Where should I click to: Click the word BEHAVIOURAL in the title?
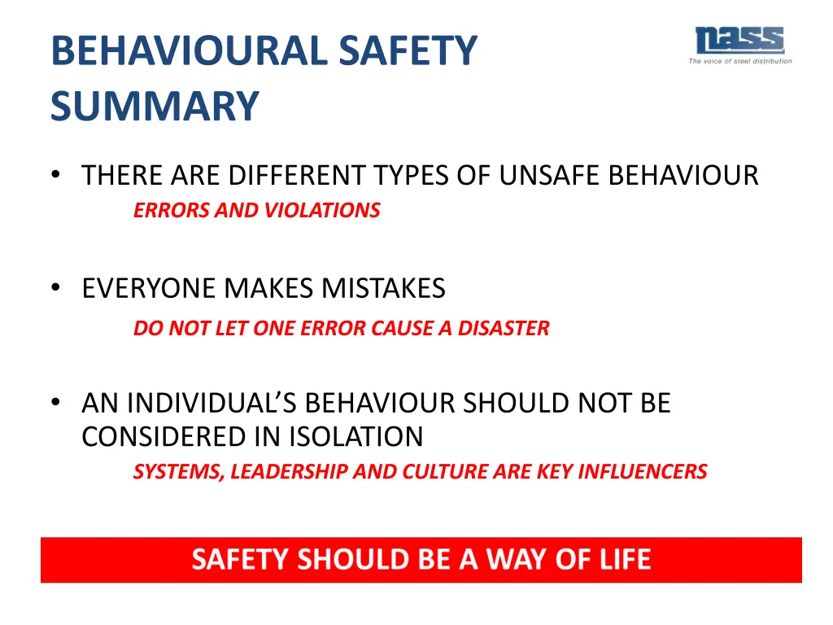[188, 50]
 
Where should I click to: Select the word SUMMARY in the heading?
[155, 107]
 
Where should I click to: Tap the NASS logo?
[739, 41]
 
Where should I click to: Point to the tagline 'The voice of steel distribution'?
[739, 62]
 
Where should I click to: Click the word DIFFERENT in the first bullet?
[298, 176]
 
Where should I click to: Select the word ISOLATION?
[355, 437]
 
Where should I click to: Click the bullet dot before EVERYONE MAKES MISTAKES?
[55, 288]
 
